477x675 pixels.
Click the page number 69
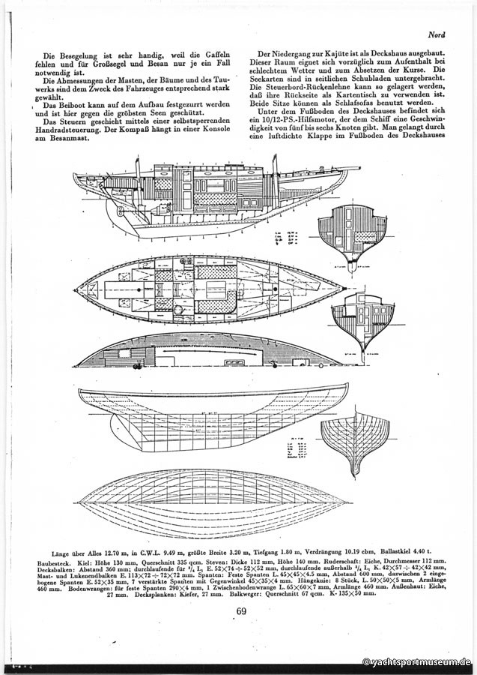240,610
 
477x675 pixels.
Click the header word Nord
437,35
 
